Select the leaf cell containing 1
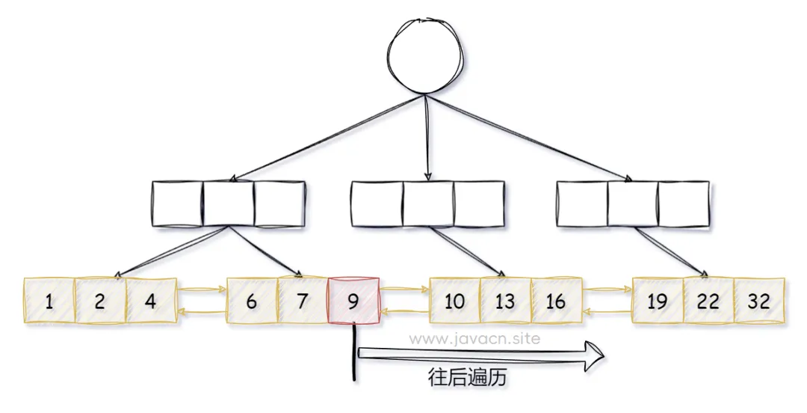coord(49,302)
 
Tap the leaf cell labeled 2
coord(100,302)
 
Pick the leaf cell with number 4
coord(151,302)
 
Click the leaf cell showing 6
coord(252,302)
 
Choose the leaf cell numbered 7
coord(303,302)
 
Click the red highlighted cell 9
coord(353,302)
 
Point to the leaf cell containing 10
coord(455,302)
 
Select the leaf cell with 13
coord(506,302)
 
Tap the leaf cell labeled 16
coord(557,302)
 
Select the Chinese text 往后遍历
coord(468,378)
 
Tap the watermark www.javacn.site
coord(475,338)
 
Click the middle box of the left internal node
coord(228,204)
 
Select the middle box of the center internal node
coord(428,204)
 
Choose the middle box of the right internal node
coord(633,204)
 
